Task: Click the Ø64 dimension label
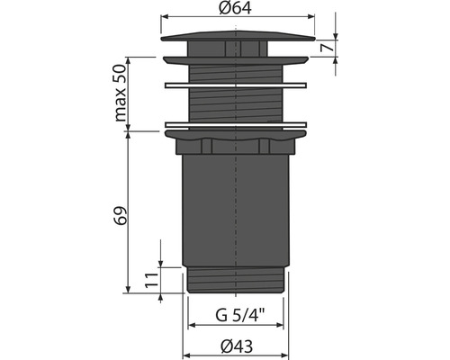[235, 8]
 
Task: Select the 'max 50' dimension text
[121, 94]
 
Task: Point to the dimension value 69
[121, 215]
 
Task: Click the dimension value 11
[151, 280]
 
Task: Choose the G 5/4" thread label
[240, 315]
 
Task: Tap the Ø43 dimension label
[237, 346]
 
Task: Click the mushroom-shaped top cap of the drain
[238, 36]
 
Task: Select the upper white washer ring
[236, 85]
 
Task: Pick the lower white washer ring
[236, 125]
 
